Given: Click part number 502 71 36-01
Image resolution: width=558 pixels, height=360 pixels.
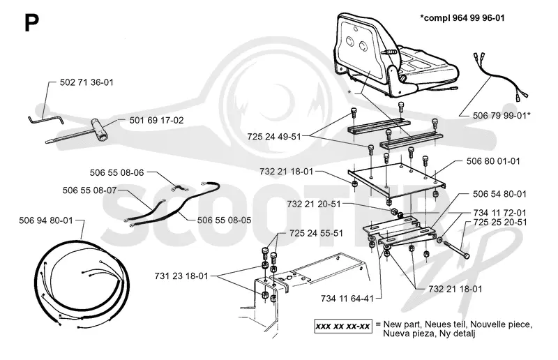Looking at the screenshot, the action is click(x=86, y=82).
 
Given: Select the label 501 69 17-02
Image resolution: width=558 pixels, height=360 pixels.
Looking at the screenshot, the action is click(x=156, y=121).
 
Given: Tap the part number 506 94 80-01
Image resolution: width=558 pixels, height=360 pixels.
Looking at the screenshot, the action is click(x=46, y=220).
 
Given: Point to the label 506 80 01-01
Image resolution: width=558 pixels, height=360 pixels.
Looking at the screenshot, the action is click(x=493, y=161).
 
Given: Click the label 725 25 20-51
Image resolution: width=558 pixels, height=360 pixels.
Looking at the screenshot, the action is click(x=500, y=222).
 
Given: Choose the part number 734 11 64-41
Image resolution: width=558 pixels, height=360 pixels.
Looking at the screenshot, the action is click(x=347, y=299).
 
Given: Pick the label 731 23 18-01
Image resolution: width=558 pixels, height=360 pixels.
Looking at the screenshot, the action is click(x=181, y=276).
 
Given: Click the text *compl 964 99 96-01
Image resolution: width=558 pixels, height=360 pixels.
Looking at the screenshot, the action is click(x=462, y=18).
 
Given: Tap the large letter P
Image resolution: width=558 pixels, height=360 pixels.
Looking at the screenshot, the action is click(x=31, y=23).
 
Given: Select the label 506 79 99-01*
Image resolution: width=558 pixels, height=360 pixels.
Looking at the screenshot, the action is click(x=502, y=116).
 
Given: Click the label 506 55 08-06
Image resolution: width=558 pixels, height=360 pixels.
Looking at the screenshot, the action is click(x=116, y=173).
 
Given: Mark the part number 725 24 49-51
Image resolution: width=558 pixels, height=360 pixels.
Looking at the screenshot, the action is click(x=274, y=137).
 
